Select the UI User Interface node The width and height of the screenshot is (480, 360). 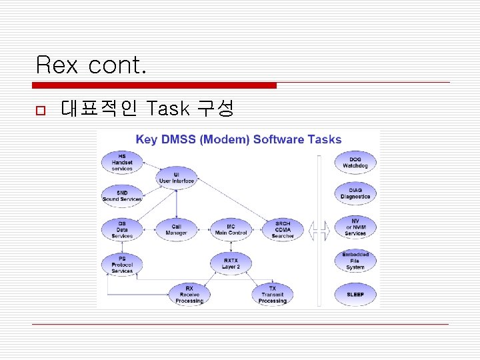click(x=177, y=178)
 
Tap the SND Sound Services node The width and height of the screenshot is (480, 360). click(x=122, y=195)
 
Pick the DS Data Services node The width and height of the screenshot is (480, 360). click(x=122, y=229)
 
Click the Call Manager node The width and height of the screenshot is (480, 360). click(x=177, y=229)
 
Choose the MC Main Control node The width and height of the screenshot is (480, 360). click(x=231, y=229)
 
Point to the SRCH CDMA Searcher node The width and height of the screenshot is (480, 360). click(x=283, y=229)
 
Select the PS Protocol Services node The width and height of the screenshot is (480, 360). click(x=122, y=263)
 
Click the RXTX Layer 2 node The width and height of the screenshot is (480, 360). click(x=231, y=263)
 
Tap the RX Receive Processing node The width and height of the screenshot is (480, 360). click(x=190, y=295)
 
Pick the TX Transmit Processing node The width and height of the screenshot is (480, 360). click(x=272, y=295)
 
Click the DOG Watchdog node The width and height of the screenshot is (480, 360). click(x=355, y=163)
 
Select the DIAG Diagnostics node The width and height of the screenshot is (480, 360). click(x=355, y=193)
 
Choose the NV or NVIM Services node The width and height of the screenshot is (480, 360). click(x=355, y=227)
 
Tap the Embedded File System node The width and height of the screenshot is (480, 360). click(x=355, y=261)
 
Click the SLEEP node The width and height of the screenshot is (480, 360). click(x=355, y=294)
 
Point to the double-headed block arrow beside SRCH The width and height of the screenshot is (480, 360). click(x=319, y=231)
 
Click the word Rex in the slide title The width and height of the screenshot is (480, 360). click(x=57, y=65)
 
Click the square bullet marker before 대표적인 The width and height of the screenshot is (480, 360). click(x=40, y=109)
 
